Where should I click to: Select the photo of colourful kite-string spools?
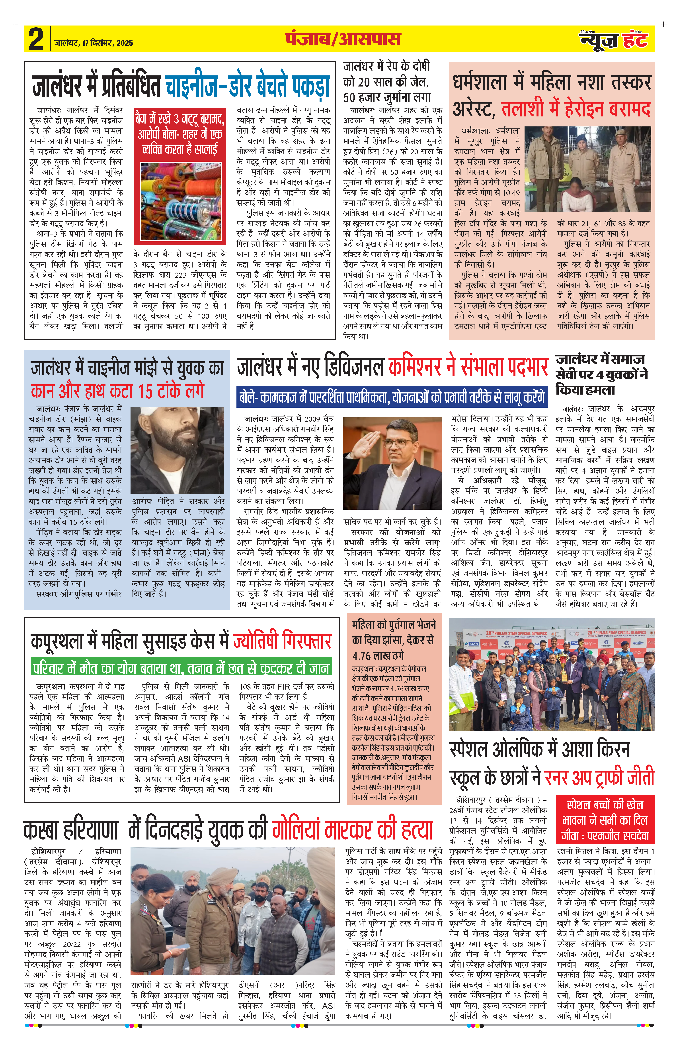(x=180, y=202)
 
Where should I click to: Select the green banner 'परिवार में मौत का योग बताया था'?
(x=181, y=667)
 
